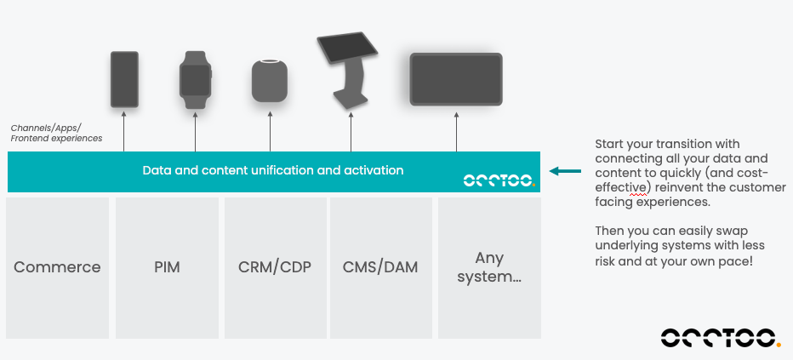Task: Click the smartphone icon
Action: [124, 78]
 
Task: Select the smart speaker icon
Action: [270, 81]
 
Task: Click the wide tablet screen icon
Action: [456, 79]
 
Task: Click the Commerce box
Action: [57, 266]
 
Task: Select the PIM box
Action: [167, 266]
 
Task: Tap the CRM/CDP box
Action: [275, 266]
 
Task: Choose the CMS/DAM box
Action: [380, 266]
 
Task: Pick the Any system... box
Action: [488, 266]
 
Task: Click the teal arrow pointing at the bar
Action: [564, 171]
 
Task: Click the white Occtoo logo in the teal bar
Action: [499, 180]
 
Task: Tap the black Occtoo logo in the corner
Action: [720, 337]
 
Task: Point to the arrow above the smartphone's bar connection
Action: [124, 132]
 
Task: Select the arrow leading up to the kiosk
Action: [351, 132]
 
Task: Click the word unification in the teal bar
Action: [273, 170]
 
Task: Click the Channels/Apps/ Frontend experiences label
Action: [56, 133]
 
